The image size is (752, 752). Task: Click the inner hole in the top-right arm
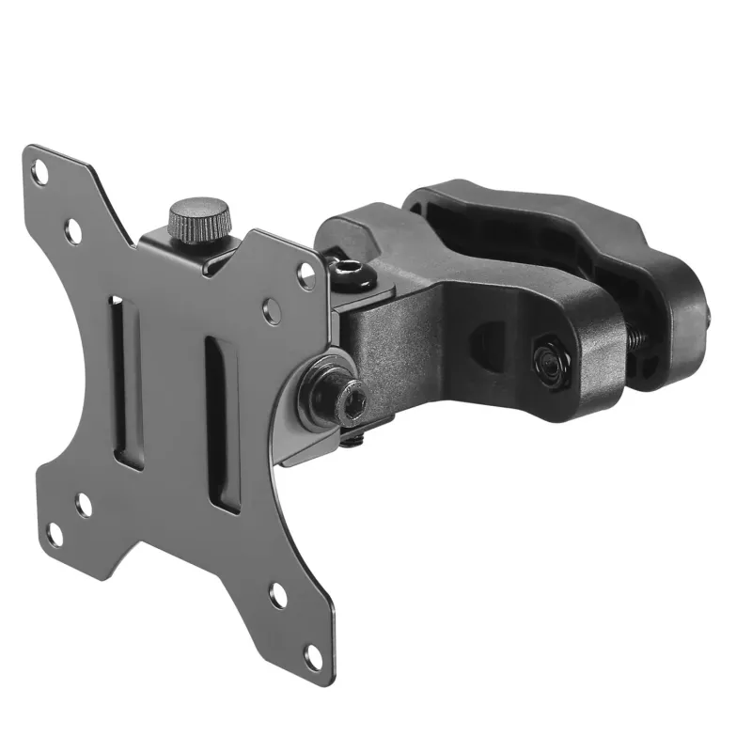point(271,311)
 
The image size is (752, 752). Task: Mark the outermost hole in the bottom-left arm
point(54,535)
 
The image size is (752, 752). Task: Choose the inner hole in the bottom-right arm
point(278,594)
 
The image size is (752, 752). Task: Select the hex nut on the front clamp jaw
point(548,362)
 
